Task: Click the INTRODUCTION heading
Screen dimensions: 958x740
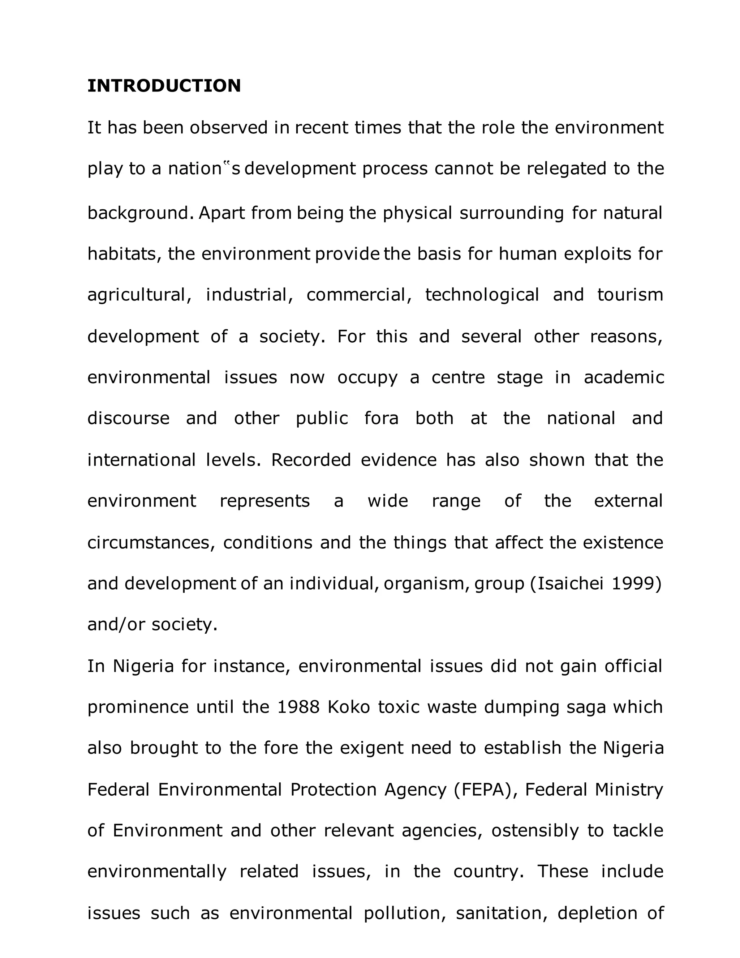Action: click(164, 86)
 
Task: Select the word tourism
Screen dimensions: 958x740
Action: click(630, 294)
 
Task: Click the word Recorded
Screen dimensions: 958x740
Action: click(311, 460)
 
